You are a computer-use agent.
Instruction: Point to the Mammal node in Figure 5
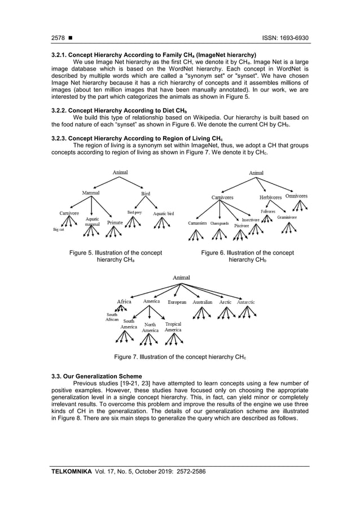[91, 193]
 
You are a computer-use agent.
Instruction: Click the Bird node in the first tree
[145, 194]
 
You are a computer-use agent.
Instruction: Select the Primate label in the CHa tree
[115, 223]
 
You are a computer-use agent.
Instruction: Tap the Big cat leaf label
[58, 230]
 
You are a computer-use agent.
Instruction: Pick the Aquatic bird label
[164, 214]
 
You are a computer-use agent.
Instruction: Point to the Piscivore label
[242, 225]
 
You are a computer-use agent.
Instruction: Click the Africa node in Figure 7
[124, 301]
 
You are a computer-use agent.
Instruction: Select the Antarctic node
[246, 302]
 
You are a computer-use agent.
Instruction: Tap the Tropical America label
[173, 327]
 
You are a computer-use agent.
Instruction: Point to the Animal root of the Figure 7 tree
[181, 278]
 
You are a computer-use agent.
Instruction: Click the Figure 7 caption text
[180, 357]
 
